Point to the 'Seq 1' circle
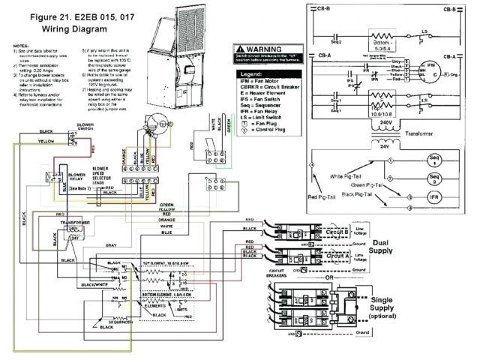click(433, 162)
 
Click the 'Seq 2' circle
click(433, 178)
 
